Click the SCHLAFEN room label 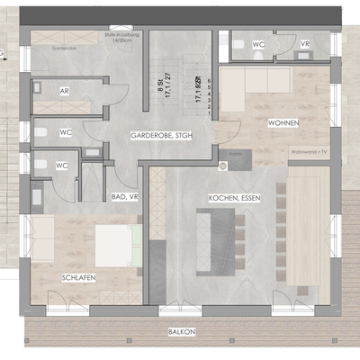pos(79,278)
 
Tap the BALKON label pos(182,332)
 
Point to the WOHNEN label pos(283,122)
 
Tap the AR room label pos(65,92)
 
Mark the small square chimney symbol pos(223,165)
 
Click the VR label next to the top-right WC pos(305,43)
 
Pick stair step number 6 pos(209,81)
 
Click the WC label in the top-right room pos(258,43)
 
